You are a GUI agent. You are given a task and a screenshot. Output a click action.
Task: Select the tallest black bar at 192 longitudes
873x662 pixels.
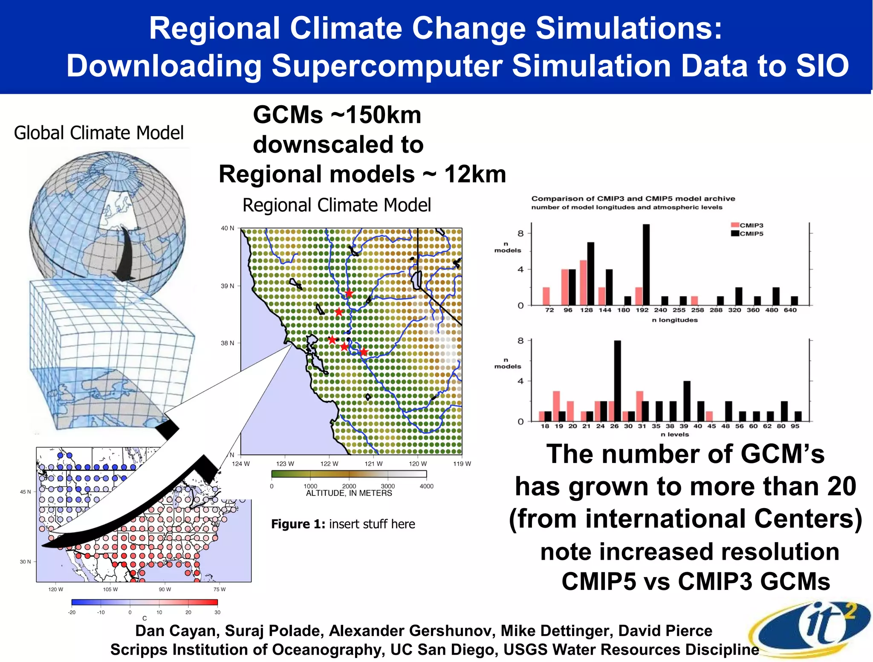click(646, 264)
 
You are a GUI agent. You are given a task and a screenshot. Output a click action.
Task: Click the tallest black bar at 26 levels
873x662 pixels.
click(617, 381)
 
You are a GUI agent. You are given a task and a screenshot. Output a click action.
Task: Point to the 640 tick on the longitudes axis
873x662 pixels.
click(790, 310)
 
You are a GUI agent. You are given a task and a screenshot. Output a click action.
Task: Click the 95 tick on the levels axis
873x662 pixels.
click(795, 426)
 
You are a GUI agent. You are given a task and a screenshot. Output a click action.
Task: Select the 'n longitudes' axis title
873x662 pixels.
click(675, 320)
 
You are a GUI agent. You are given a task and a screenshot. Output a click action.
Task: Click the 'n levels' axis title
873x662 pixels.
click(675, 434)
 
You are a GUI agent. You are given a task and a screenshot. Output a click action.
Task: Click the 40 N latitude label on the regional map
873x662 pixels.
click(227, 228)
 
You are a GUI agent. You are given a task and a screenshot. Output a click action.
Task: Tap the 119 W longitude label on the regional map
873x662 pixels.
click(462, 464)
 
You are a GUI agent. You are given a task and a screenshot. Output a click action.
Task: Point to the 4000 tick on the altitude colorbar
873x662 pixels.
click(426, 486)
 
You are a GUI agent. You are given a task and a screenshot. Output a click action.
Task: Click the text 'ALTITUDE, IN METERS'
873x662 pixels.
click(349, 493)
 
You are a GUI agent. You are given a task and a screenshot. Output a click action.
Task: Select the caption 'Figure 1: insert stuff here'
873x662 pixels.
click(343, 524)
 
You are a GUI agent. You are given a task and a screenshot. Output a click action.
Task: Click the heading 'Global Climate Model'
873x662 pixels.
click(99, 133)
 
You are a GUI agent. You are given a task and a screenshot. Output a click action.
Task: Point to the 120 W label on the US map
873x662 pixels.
click(56, 590)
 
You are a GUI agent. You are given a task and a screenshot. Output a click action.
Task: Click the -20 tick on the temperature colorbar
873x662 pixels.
click(72, 613)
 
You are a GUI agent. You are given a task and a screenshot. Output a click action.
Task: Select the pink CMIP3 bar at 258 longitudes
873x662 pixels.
click(694, 301)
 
